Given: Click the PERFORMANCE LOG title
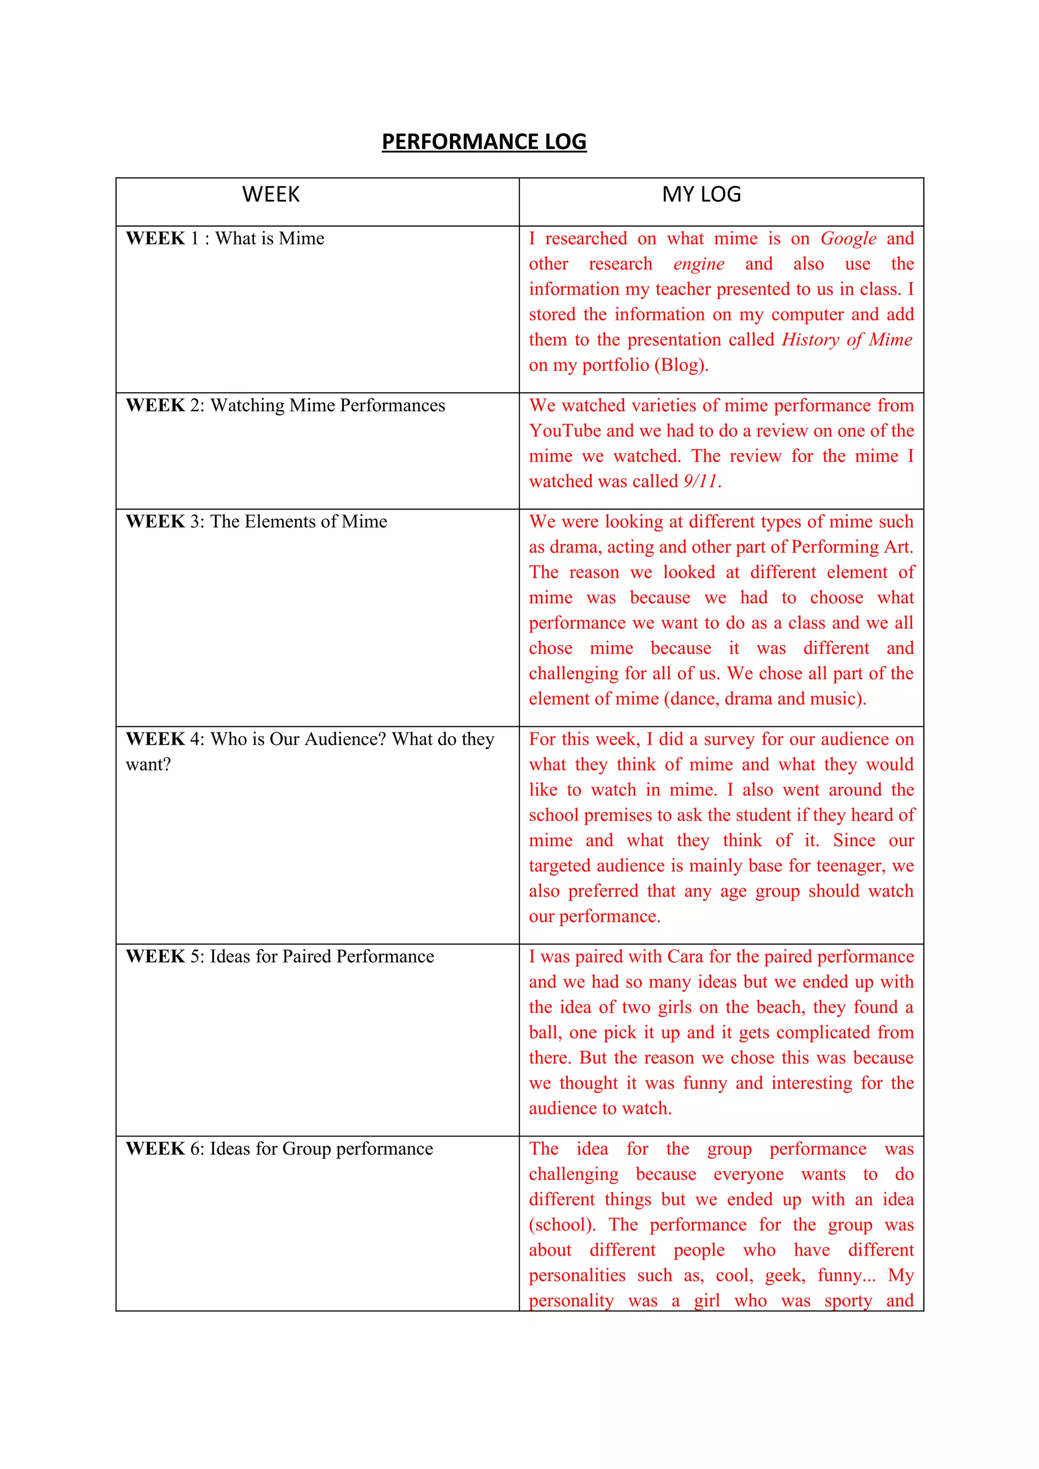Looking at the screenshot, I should tap(484, 141).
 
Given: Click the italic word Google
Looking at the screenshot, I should tap(848, 239).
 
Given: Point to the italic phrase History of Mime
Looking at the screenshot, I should tap(846, 340).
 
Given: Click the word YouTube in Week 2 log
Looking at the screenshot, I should tap(565, 430).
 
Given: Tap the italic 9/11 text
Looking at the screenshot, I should tap(700, 481).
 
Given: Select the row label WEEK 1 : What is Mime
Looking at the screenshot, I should tap(225, 239).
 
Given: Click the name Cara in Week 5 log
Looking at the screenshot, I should tap(684, 957).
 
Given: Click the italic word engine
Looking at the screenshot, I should tap(699, 264).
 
